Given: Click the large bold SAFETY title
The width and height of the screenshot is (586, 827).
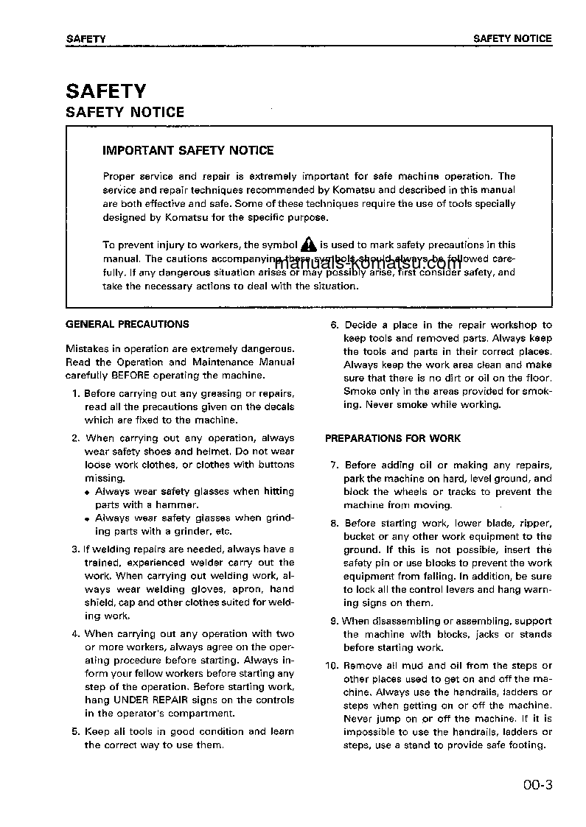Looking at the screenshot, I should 106,91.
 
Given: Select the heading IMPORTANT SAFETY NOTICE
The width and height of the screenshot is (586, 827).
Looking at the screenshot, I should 188,150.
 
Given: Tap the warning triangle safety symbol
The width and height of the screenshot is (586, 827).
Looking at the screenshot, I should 308,244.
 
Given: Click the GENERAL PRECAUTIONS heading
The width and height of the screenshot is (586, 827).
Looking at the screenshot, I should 128,324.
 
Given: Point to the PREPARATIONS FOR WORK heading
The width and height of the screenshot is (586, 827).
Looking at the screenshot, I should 393,438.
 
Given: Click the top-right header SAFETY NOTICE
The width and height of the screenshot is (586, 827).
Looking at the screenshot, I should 512,38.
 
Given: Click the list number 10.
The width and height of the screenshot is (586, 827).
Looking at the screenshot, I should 332,666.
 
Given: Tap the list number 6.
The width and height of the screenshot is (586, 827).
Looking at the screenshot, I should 334,325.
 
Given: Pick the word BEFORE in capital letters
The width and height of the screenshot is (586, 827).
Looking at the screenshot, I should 130,376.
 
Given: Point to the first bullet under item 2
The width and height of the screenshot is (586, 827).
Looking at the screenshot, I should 87,492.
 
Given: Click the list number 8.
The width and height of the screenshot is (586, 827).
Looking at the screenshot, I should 334,524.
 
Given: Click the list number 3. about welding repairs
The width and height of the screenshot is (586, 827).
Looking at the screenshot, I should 76,549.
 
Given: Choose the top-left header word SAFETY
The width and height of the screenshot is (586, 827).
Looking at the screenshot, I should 86,38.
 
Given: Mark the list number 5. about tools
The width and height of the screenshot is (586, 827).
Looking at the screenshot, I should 76,732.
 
